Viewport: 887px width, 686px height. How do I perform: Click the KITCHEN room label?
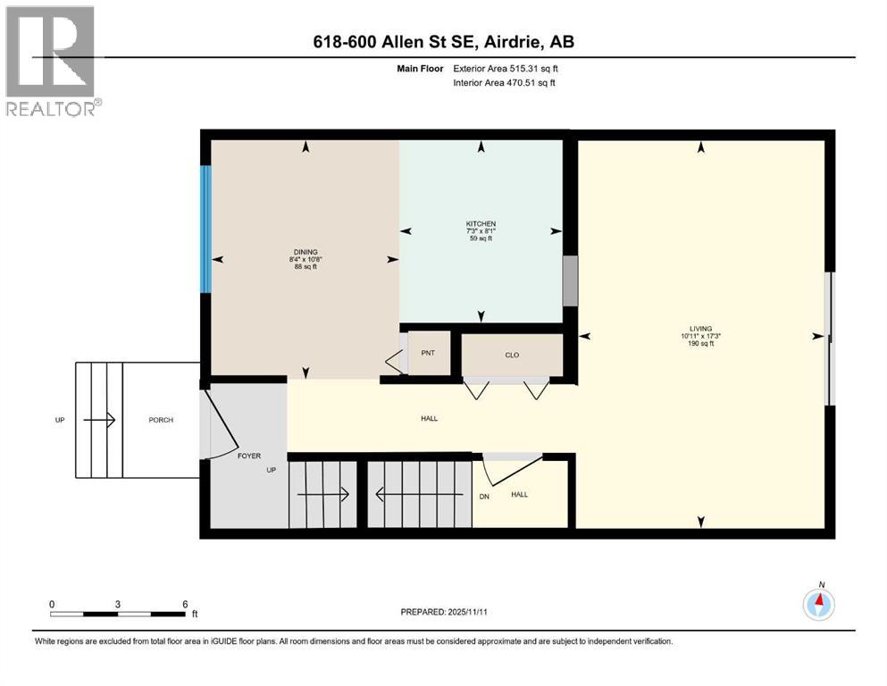coord(481,223)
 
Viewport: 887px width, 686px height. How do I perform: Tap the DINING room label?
coord(305,252)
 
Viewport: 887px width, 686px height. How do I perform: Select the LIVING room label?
coord(699,329)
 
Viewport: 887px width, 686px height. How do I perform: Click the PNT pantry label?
coord(429,353)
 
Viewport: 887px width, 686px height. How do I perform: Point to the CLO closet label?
coord(512,355)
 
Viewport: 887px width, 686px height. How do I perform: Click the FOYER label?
coord(248,456)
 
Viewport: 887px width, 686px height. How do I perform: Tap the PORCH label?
coord(161,420)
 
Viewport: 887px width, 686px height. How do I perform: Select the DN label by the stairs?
coord(484,498)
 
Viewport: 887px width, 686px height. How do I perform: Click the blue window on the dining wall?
coord(206,229)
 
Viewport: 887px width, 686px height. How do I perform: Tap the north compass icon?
coord(819,605)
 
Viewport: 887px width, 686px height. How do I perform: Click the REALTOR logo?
coord(51,61)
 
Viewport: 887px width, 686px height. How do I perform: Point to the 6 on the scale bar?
coord(185,604)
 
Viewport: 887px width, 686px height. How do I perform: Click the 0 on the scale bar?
coord(52,604)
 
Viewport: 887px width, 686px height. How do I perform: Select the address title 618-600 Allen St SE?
coord(443,43)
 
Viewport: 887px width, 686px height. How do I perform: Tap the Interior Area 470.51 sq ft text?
coord(505,83)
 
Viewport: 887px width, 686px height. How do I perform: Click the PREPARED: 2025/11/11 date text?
coord(443,612)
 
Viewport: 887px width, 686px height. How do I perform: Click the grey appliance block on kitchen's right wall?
coord(569,280)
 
